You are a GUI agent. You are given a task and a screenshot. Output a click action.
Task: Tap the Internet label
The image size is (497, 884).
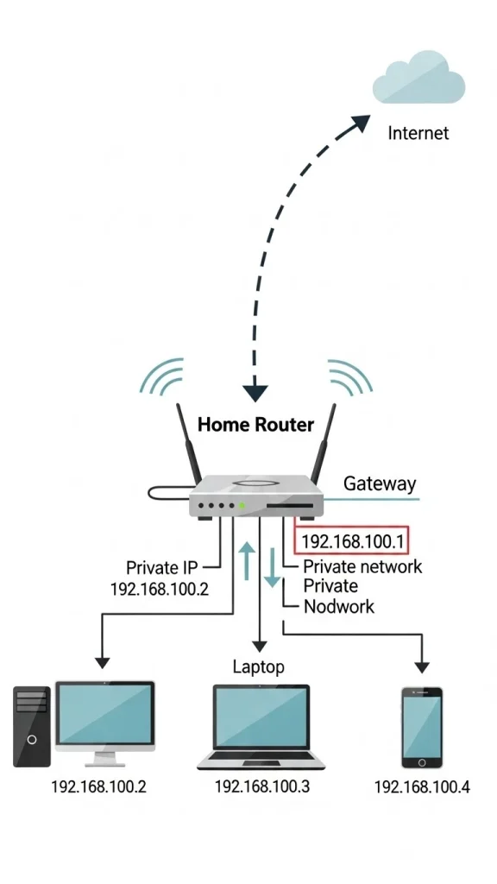pos(418,133)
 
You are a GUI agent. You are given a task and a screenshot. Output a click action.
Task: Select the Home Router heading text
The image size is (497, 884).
pos(255,424)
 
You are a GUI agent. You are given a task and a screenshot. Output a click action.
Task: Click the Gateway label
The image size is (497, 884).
pos(380,483)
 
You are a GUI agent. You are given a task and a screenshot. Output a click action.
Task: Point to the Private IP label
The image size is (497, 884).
pos(161,567)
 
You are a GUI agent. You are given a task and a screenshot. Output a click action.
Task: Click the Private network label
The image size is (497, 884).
pos(362,566)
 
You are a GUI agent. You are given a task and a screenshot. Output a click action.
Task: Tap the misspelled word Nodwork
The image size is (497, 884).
pos(339,606)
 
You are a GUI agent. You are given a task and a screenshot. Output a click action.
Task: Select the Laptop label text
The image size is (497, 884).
pos(258,666)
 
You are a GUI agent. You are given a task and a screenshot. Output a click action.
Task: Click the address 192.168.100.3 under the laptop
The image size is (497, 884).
pos(261,786)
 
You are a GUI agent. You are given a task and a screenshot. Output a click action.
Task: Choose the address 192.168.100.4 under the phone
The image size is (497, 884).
pos(422,787)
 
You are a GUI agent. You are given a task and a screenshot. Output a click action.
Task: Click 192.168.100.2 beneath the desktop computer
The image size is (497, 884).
pos(98,786)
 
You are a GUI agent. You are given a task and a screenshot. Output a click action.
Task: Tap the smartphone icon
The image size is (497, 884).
pos(422,727)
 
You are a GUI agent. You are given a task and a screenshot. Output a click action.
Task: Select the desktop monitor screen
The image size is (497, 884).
pos(105,714)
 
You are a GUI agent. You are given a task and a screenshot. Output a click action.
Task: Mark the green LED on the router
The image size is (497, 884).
pos(242,505)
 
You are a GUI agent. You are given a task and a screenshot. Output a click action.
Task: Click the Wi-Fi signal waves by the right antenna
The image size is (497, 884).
pos(349,378)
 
